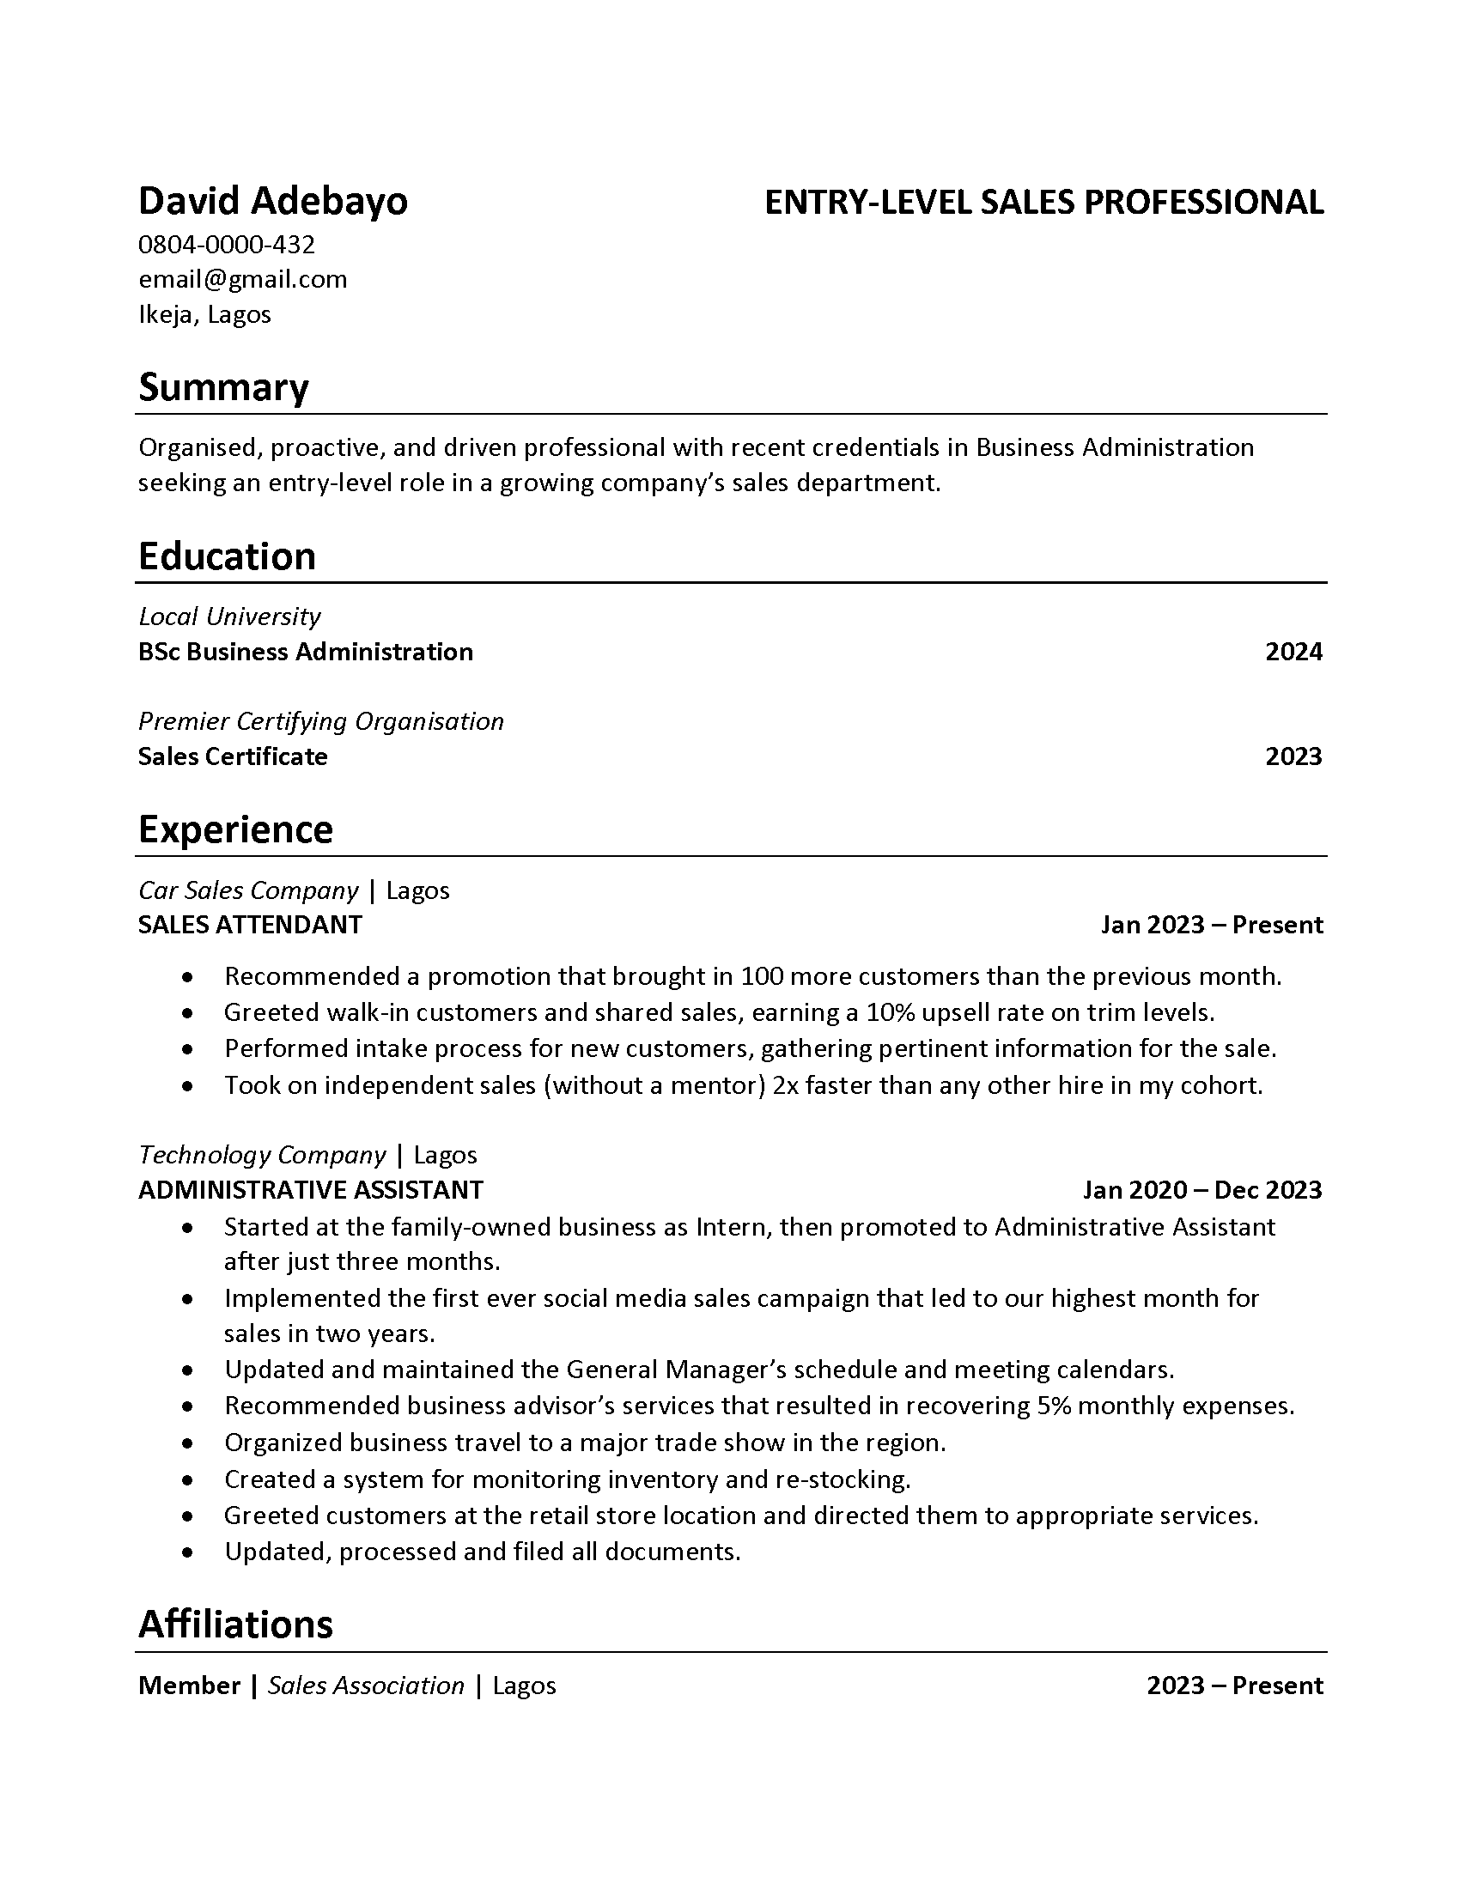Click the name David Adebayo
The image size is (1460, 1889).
[x=272, y=202]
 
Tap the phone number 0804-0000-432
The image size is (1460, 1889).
[x=227, y=245]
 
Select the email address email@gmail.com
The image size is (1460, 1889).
[x=242, y=279]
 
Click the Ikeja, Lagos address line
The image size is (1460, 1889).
[x=204, y=314]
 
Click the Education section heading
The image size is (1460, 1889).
[x=227, y=556]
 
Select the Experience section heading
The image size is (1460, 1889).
[x=235, y=829]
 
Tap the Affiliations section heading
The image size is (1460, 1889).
[x=235, y=1625]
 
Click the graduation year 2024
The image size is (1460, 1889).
[x=1293, y=652]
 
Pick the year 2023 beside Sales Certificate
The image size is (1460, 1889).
[x=1293, y=756]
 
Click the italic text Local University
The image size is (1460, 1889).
[x=229, y=617]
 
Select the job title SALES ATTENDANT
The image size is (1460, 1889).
[x=250, y=925]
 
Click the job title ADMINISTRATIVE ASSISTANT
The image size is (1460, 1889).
[x=311, y=1190]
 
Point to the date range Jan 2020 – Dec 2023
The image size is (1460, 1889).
[x=1202, y=1190]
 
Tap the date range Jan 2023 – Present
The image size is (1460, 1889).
[x=1211, y=925]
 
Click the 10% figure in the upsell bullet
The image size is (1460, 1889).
[x=888, y=1012]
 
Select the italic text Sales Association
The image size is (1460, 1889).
[x=366, y=1686]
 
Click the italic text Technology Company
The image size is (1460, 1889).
[x=262, y=1155]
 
